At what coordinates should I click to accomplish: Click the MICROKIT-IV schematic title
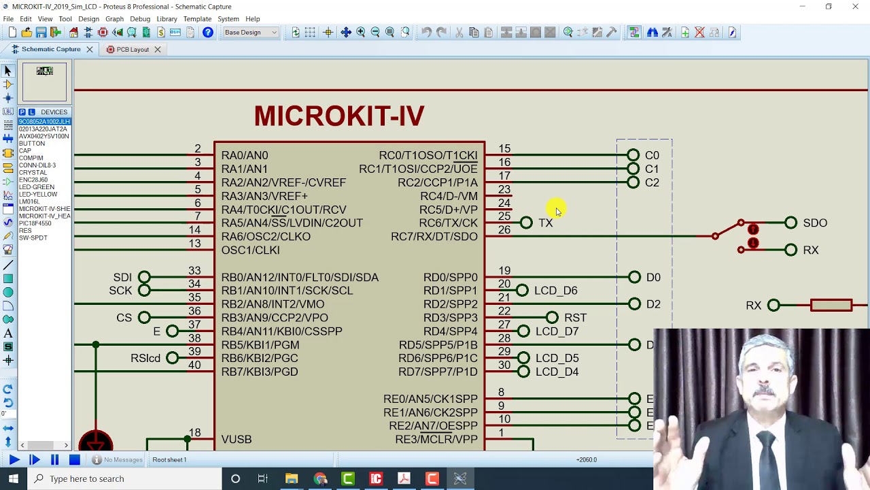click(x=339, y=116)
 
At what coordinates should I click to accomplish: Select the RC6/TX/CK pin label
click(x=449, y=223)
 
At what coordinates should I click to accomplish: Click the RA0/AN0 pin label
click(x=245, y=155)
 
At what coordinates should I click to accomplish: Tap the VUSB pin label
click(x=237, y=439)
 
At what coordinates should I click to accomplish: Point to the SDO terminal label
click(x=815, y=223)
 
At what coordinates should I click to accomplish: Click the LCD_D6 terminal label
click(x=556, y=291)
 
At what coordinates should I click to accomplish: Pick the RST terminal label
click(x=575, y=318)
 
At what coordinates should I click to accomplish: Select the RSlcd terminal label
click(x=145, y=358)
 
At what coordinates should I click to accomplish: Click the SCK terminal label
click(x=120, y=291)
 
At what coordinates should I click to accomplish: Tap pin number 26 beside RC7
click(x=504, y=230)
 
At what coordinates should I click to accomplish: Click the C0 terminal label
click(x=652, y=155)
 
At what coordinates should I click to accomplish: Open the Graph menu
click(x=114, y=18)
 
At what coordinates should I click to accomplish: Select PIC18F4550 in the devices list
click(x=35, y=223)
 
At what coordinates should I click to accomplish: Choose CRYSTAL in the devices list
click(x=33, y=172)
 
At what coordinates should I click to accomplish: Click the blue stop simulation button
click(x=75, y=460)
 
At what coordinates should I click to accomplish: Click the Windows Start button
click(x=13, y=478)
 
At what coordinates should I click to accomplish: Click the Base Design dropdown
click(x=251, y=32)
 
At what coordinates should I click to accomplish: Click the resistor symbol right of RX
click(x=831, y=305)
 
